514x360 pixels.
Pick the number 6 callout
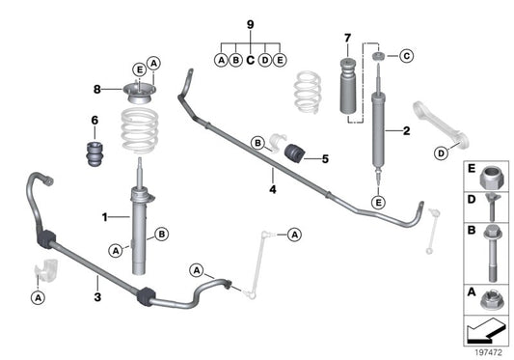click(95, 122)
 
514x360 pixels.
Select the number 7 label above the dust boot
click(348, 39)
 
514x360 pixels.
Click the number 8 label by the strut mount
click(96, 91)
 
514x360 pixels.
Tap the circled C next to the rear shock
click(405, 57)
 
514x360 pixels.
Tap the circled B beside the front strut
click(160, 233)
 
